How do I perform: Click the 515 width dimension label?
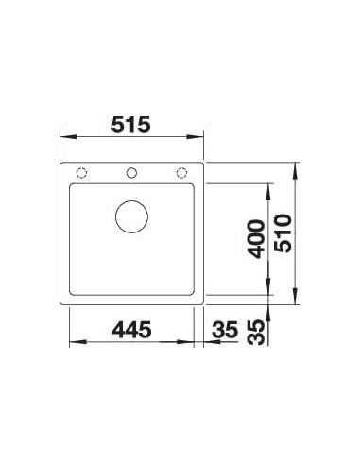pyautogui.click(x=131, y=125)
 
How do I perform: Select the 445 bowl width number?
pyautogui.click(x=131, y=330)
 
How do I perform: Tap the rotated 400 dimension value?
pyautogui.click(x=255, y=239)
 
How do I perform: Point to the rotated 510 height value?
pyautogui.click(x=283, y=233)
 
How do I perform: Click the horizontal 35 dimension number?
pyautogui.click(x=225, y=330)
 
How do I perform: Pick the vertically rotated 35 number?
pyautogui.click(x=255, y=333)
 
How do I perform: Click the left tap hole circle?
pyautogui.click(x=81, y=173)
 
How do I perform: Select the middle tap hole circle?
pyautogui.click(x=131, y=173)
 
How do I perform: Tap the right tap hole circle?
pyautogui.click(x=181, y=173)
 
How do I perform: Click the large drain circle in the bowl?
pyautogui.click(x=131, y=216)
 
